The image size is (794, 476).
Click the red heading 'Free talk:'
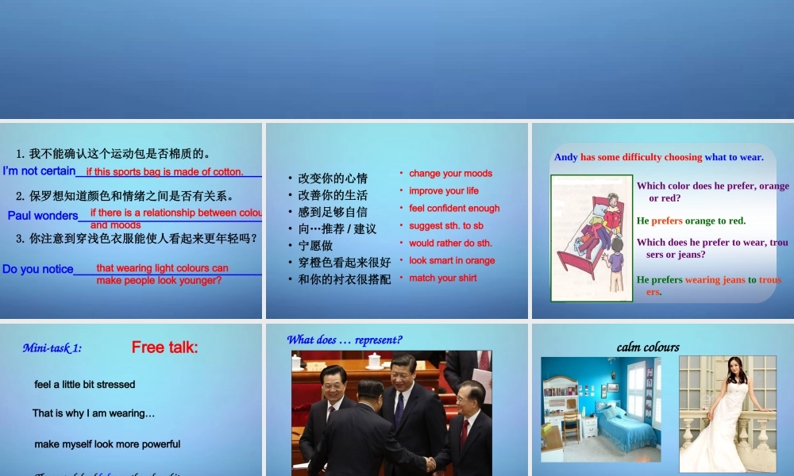click(164, 347)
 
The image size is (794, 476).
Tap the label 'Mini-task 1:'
click(52, 347)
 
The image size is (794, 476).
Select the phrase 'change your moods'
click(450, 174)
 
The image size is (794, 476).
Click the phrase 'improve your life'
click(444, 191)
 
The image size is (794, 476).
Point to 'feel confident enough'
click(454, 209)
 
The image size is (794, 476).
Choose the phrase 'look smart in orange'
click(452, 261)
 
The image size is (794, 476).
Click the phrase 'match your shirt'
click(443, 278)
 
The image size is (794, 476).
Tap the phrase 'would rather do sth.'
click(450, 244)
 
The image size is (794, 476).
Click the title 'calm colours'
click(648, 347)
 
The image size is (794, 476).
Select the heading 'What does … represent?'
click(345, 340)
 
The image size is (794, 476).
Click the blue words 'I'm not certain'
click(40, 171)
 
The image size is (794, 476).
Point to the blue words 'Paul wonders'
click(43, 216)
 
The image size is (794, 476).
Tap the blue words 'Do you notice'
click(38, 270)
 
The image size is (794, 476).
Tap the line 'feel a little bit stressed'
click(85, 385)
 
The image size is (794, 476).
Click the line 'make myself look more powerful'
click(107, 444)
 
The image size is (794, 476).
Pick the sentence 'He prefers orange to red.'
click(691, 221)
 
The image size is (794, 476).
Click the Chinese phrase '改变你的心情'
click(333, 178)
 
